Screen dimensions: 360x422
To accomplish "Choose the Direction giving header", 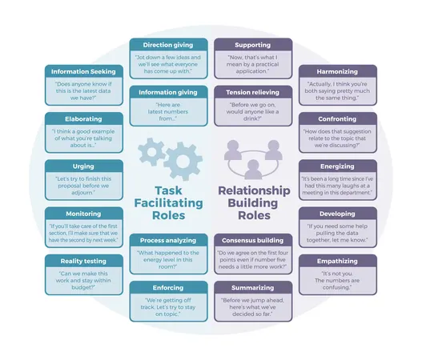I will click(168, 45).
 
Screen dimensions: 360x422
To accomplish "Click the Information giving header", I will click(168, 92).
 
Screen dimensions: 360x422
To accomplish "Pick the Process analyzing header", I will click(168, 239).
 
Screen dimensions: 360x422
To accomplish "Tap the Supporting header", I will click(252, 45).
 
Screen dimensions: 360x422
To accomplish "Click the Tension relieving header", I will click(252, 92).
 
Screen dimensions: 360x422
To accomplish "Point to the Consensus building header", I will click(252, 239).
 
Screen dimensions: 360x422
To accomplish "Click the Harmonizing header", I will click(337, 70).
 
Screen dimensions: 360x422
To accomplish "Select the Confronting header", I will click(337, 118).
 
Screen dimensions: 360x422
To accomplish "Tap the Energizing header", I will click(337, 166).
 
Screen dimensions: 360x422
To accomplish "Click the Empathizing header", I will click(337, 261).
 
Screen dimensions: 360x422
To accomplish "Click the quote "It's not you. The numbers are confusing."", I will click(337, 278).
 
